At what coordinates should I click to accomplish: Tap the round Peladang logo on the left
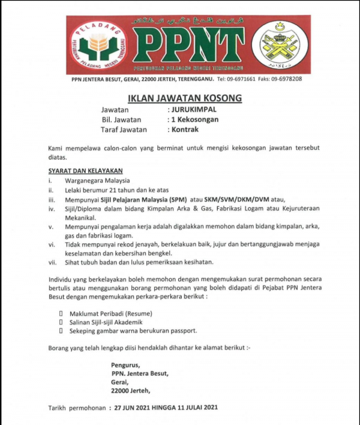click(98, 45)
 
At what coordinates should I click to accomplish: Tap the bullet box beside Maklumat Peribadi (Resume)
click(61, 314)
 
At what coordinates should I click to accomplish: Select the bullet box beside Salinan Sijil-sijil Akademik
click(61, 322)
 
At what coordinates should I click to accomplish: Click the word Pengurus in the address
click(125, 365)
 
